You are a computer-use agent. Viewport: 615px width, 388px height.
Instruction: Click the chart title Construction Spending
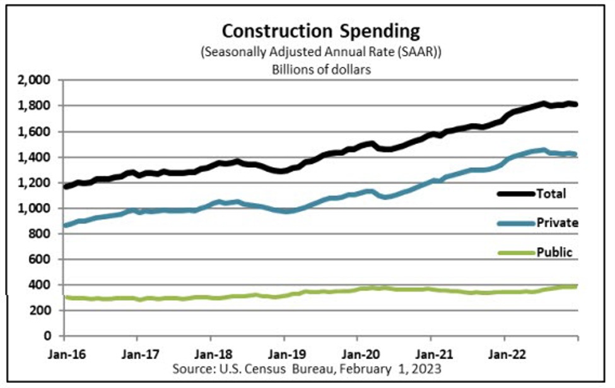[x=320, y=31]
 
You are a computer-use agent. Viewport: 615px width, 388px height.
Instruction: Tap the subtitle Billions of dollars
[x=320, y=69]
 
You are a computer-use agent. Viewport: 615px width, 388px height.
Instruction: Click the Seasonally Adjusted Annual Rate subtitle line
[x=320, y=52]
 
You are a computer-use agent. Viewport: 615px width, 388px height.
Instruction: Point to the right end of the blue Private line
[x=575, y=154]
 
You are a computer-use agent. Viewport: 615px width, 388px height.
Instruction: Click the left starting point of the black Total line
[x=66, y=187]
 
